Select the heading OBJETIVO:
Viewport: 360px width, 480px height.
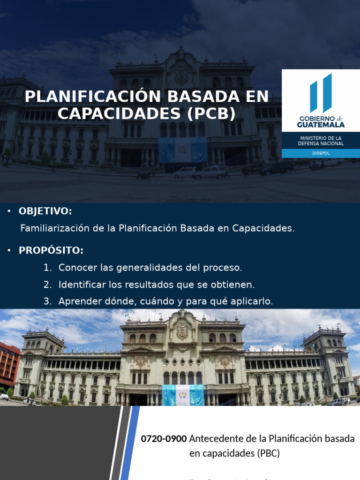coord(45,211)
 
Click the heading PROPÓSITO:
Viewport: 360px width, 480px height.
coord(51,250)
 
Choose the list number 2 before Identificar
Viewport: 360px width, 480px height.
coord(47,285)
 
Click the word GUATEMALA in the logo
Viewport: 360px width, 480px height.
coord(321,125)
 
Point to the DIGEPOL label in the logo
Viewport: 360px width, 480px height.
coord(321,153)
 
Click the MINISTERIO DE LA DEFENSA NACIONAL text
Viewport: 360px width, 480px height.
coord(321,141)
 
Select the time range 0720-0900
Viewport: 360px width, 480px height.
coord(164,439)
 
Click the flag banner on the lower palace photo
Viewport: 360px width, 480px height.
coord(183,395)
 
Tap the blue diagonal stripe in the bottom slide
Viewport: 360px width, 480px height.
coord(131,443)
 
